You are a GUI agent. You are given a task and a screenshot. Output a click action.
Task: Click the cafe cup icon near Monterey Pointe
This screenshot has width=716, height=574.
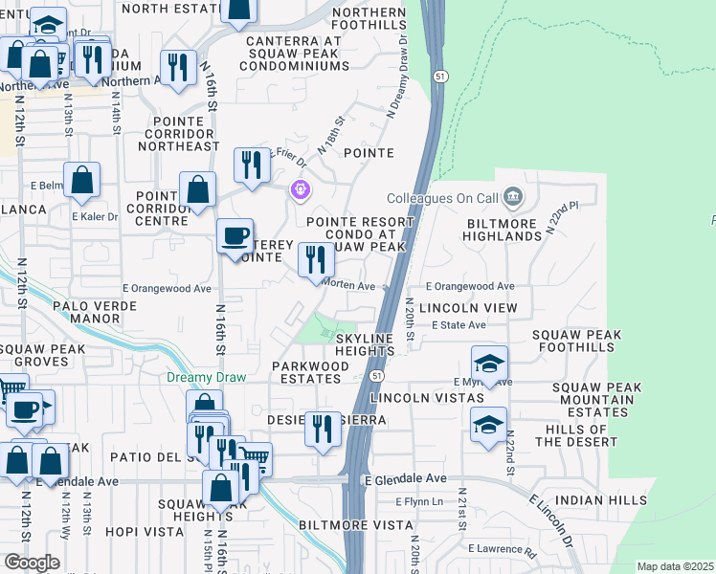tap(235, 236)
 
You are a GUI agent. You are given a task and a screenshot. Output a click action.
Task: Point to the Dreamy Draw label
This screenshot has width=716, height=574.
tap(206, 377)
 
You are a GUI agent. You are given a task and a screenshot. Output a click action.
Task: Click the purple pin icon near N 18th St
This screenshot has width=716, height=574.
tap(301, 189)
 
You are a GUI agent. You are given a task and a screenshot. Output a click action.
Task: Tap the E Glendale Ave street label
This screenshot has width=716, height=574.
tap(405, 478)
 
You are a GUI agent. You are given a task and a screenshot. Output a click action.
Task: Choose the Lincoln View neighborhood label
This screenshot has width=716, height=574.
tap(468, 307)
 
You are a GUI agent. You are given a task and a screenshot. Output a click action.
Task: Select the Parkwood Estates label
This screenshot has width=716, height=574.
tap(310, 372)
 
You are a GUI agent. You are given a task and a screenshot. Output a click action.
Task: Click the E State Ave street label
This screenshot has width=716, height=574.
tap(459, 325)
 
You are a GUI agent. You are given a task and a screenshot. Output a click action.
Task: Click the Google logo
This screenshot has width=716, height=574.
tap(31, 563)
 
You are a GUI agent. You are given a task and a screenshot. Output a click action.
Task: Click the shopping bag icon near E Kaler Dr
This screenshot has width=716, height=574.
tap(82, 179)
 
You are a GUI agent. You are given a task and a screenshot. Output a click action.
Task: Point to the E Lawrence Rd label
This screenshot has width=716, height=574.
tap(502, 549)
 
